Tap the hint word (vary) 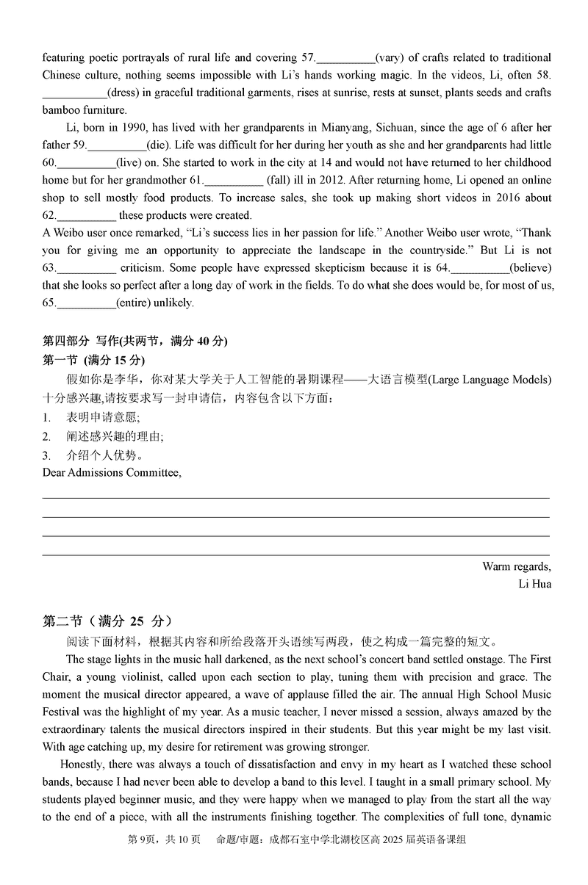[x=392, y=58]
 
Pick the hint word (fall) [x=279, y=181]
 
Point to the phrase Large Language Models [x=488, y=380]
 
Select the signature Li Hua [x=534, y=585]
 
